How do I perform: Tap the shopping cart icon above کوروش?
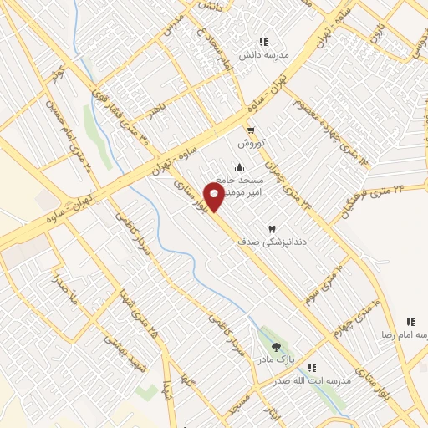tap(251, 129)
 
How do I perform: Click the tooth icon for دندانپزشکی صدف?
tap(271, 229)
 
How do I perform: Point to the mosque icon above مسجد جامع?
tap(240, 166)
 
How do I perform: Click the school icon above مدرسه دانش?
tap(263, 42)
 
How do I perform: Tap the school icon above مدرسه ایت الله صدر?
tap(313, 368)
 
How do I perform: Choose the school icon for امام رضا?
tap(410, 322)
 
